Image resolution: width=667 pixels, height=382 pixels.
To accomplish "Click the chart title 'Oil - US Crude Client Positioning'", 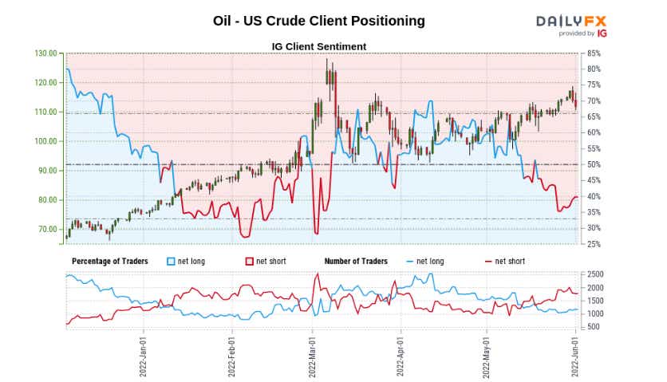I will [319, 21].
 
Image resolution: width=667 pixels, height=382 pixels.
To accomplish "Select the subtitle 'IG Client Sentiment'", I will [319, 46].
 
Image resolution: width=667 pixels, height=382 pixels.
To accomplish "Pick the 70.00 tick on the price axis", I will [48, 229].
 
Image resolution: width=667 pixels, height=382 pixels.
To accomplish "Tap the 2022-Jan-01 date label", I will [143, 354].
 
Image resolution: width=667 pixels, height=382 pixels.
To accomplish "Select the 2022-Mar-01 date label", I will [314, 354].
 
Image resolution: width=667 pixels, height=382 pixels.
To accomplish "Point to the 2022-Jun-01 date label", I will [576, 354].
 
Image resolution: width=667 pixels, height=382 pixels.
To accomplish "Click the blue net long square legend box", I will [170, 262].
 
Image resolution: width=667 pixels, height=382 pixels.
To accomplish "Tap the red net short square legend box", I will [249, 262].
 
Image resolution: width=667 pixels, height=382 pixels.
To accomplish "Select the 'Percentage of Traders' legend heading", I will [107, 262].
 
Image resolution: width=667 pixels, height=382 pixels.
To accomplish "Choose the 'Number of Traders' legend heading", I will [356, 262].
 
